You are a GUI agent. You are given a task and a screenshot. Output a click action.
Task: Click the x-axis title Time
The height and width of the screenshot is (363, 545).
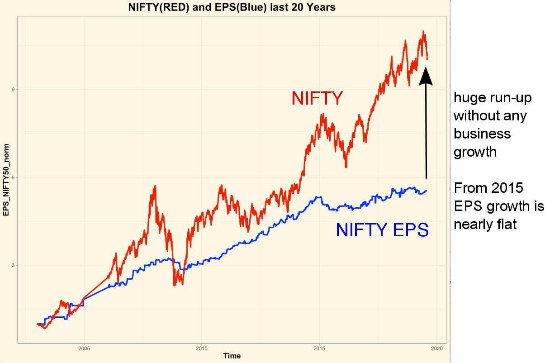232,356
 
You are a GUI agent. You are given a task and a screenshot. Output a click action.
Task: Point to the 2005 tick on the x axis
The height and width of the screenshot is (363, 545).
84,349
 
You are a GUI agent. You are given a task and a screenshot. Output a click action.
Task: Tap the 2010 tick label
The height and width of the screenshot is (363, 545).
201,349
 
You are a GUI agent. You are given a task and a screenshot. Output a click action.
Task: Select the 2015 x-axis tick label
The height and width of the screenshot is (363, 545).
319,349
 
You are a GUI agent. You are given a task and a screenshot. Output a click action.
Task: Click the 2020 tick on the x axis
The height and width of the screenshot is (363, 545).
437,349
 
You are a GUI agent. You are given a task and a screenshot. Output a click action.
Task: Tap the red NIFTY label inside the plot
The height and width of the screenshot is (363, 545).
317,98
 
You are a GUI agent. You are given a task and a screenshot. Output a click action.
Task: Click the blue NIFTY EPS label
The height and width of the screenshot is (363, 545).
382,230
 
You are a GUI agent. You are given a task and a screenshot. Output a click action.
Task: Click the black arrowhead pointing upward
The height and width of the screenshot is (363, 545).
426,76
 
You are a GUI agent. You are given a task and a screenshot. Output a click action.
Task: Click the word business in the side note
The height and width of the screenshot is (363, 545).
482,134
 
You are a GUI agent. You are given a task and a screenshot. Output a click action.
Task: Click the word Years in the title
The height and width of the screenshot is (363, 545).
321,8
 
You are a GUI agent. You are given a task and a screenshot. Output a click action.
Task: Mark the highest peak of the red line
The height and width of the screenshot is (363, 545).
423,31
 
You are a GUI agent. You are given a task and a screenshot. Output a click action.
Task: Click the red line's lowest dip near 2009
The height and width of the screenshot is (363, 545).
175,286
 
